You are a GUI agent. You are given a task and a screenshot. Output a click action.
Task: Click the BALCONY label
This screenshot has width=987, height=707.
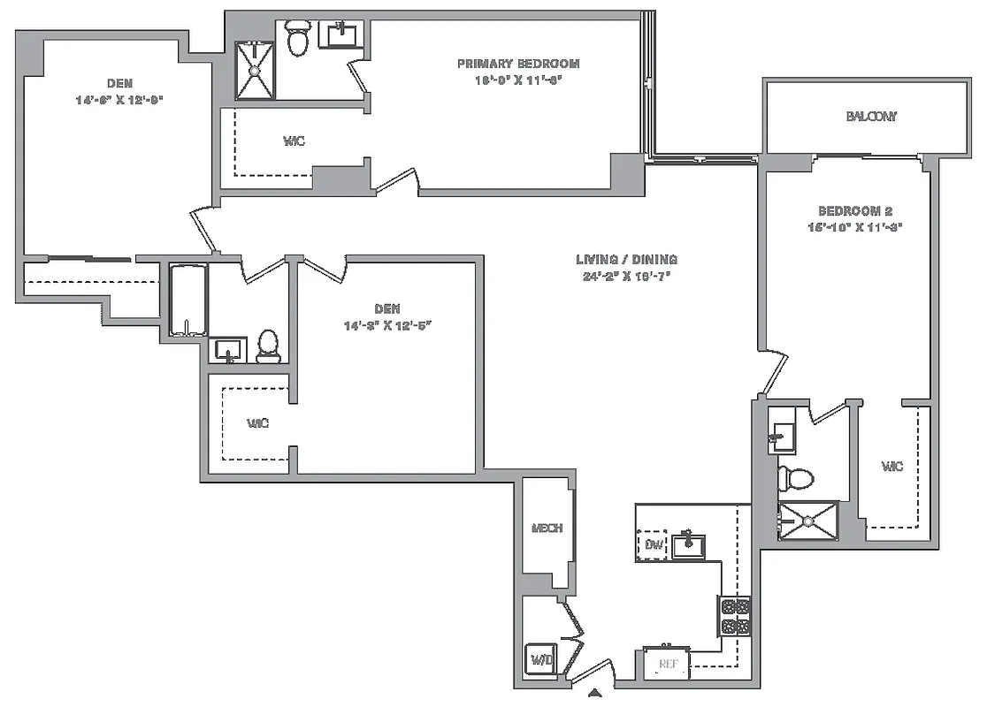[x=870, y=117]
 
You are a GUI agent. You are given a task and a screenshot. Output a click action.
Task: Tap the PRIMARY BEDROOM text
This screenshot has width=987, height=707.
[x=517, y=64]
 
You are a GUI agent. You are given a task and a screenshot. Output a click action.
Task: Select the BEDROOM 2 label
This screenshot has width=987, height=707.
[x=854, y=211]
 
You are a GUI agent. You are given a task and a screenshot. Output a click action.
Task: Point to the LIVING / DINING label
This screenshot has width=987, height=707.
[x=626, y=260]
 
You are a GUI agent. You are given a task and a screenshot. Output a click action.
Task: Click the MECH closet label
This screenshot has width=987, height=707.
[x=547, y=528]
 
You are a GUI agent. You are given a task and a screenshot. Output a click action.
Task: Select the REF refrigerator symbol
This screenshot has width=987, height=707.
[x=667, y=664]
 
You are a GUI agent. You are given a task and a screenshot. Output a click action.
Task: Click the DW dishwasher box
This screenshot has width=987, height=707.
[x=653, y=544]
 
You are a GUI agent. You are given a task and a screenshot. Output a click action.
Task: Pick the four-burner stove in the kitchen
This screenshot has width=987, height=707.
[x=734, y=617]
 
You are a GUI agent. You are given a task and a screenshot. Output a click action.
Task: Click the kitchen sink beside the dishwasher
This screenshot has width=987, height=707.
[x=688, y=545]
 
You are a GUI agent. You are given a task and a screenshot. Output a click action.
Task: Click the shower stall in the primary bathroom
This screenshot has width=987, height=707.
[x=256, y=70]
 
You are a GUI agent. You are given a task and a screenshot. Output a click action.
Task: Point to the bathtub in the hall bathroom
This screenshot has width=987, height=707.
[x=187, y=300]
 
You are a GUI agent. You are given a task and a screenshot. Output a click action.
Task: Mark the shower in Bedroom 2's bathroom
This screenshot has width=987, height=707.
[x=807, y=521]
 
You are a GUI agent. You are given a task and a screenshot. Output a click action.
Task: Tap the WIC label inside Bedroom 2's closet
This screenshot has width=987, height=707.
[x=892, y=467]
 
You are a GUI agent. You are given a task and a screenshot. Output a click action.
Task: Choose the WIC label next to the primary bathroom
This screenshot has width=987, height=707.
[x=294, y=141]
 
